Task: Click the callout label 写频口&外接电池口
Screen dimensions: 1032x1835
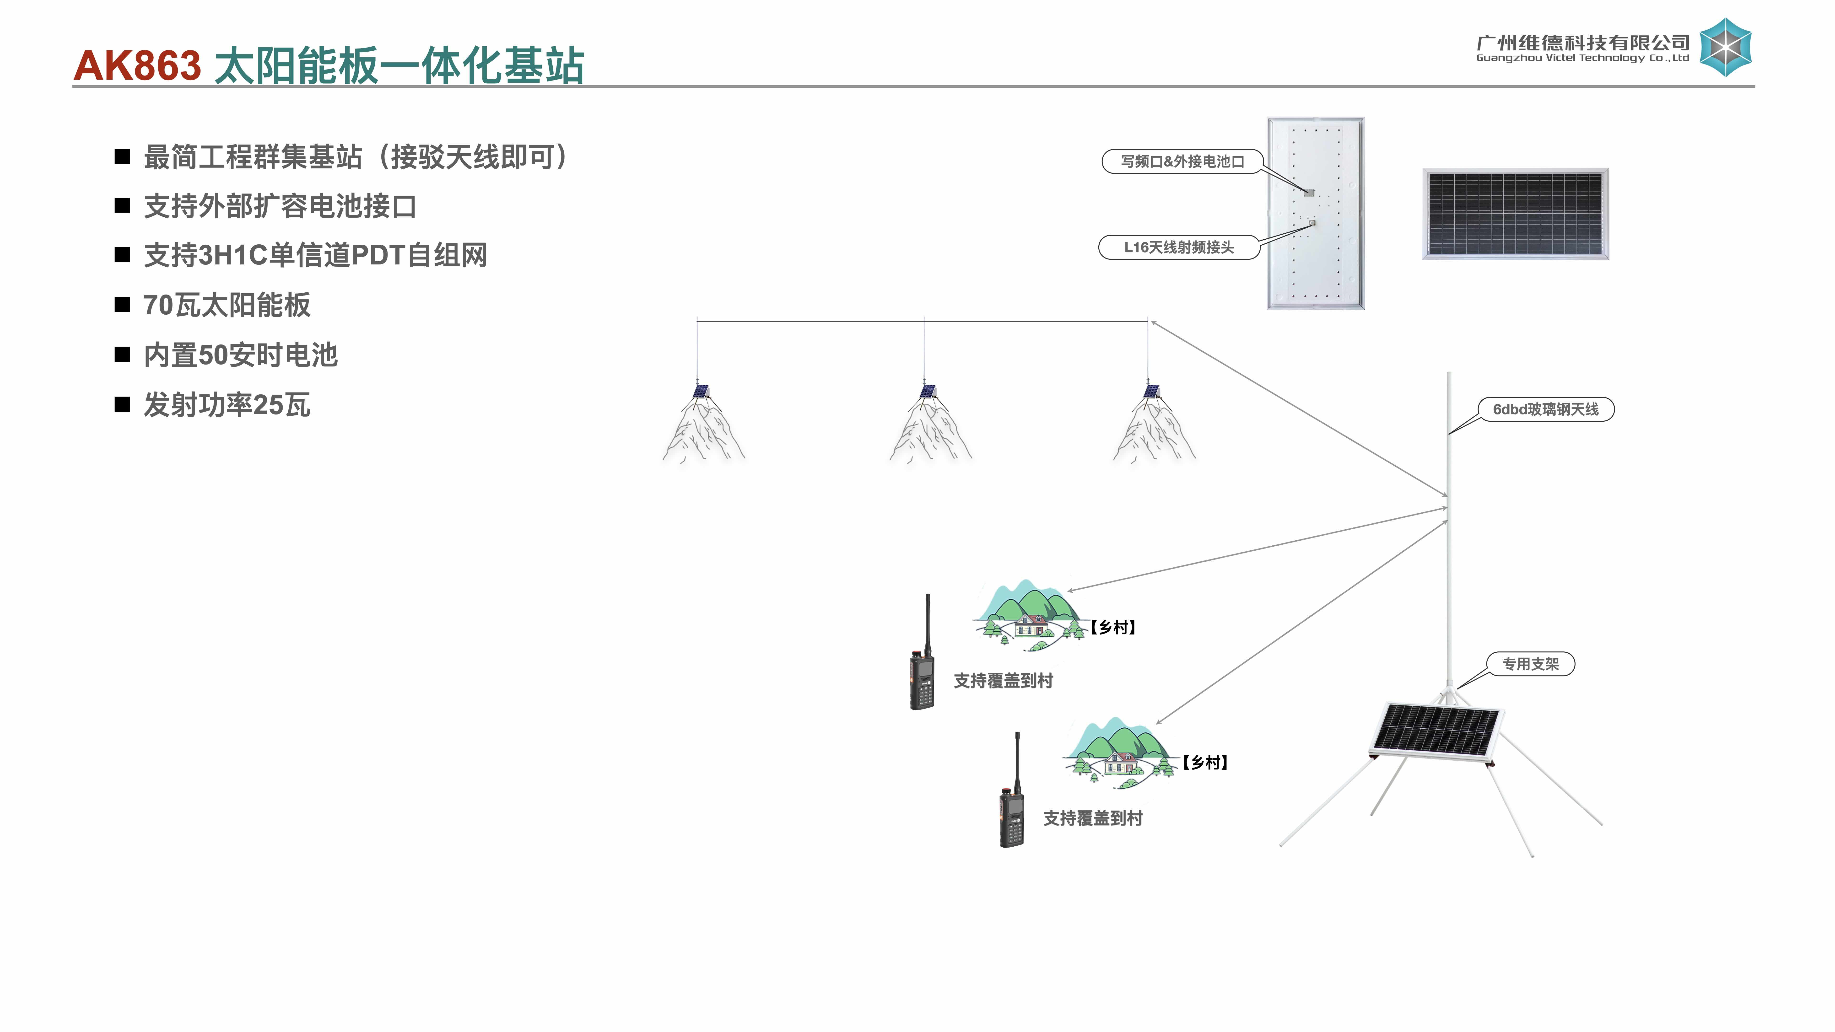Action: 1182,162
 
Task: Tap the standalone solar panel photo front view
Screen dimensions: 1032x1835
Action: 1515,214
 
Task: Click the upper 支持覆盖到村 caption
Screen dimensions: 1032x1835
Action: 1003,681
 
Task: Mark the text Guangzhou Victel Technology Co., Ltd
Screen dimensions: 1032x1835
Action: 1582,58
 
